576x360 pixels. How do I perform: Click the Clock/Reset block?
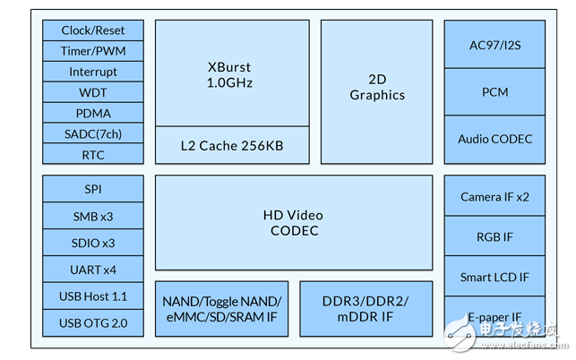pyautogui.click(x=93, y=30)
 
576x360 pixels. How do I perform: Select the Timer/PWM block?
pyautogui.click(x=93, y=51)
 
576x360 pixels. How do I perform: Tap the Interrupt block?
pyautogui.click(x=93, y=72)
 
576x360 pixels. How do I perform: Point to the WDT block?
pyautogui.click(x=93, y=92)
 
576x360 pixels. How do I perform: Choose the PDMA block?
pyautogui.click(x=93, y=113)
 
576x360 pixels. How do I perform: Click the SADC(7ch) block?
pyautogui.click(x=93, y=133)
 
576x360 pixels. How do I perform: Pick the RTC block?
pyautogui.click(x=93, y=154)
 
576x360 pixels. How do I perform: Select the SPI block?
pyautogui.click(x=93, y=190)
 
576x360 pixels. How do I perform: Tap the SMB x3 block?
pyautogui.click(x=93, y=216)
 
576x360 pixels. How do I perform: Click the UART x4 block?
pyautogui.click(x=93, y=269)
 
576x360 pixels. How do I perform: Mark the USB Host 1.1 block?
pyautogui.click(x=93, y=296)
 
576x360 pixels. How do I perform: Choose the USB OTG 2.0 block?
pyautogui.click(x=93, y=322)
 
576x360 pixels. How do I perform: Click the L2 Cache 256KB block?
pyautogui.click(x=231, y=145)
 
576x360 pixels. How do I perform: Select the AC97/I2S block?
pyautogui.click(x=494, y=43)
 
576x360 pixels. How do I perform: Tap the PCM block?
pyautogui.click(x=494, y=90)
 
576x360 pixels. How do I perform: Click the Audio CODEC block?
pyautogui.click(x=494, y=139)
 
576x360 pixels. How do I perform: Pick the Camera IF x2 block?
pyautogui.click(x=494, y=196)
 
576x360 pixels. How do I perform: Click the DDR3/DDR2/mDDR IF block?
pyautogui.click(x=365, y=308)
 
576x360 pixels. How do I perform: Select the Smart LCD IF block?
pyautogui.click(x=494, y=277)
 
